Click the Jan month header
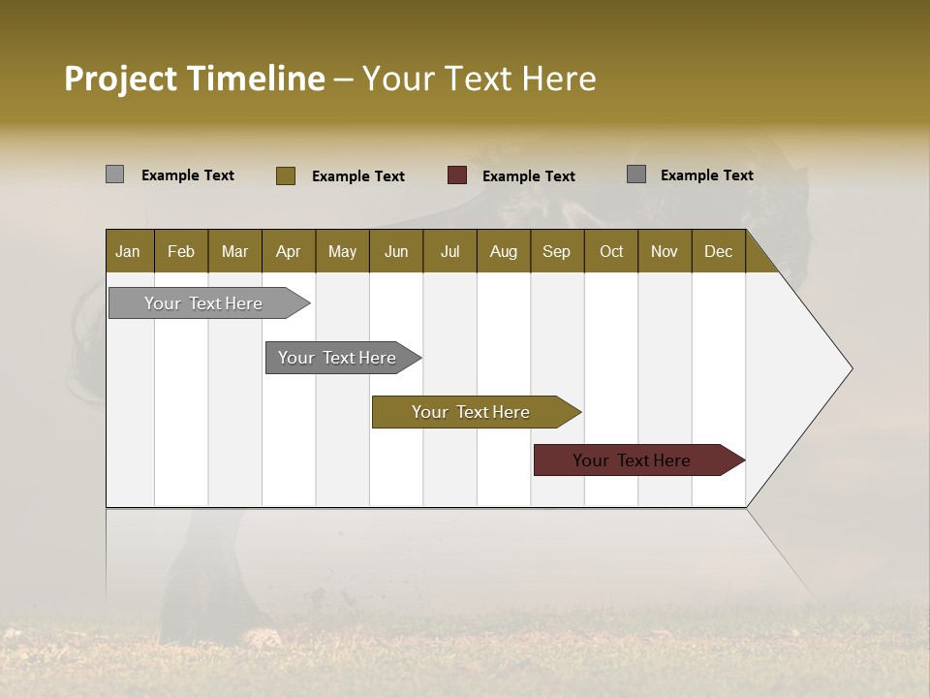[x=128, y=251]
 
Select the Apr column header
[x=288, y=251]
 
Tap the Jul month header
[x=449, y=251]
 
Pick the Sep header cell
[x=556, y=251]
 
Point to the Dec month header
[x=718, y=251]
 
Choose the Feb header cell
[x=181, y=251]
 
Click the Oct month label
[x=611, y=251]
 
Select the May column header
[x=342, y=251]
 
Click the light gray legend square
[x=114, y=174]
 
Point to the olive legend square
[x=286, y=175]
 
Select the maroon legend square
[x=457, y=175]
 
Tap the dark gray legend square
[x=636, y=174]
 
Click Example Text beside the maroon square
[x=528, y=176]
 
